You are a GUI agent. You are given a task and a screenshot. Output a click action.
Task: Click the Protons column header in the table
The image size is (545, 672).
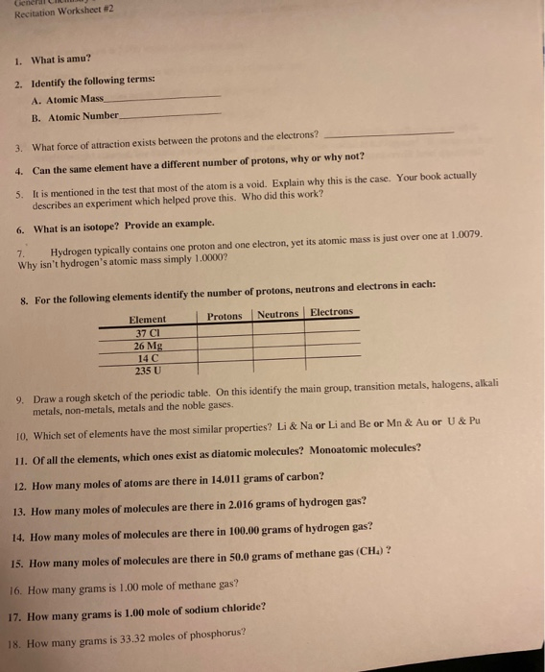[x=225, y=317]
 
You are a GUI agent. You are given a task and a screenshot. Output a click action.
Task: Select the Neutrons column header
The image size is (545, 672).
[x=279, y=315]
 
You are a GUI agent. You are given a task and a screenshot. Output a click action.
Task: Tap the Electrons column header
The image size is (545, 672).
[x=331, y=312]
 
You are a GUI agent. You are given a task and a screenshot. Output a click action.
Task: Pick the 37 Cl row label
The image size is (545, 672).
[x=148, y=333]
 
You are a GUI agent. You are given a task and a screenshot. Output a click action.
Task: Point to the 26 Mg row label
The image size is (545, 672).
[x=148, y=346]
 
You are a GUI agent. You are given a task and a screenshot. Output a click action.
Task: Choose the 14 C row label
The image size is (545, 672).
[x=148, y=357]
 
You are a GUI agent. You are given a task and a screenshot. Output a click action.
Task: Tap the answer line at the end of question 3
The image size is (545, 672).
[x=394, y=134]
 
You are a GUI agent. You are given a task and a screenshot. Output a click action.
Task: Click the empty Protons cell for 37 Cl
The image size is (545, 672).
[x=225, y=331]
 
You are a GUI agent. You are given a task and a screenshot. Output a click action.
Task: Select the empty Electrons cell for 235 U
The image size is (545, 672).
[x=332, y=365]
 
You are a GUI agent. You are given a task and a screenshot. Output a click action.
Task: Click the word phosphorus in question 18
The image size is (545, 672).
[x=217, y=633]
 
